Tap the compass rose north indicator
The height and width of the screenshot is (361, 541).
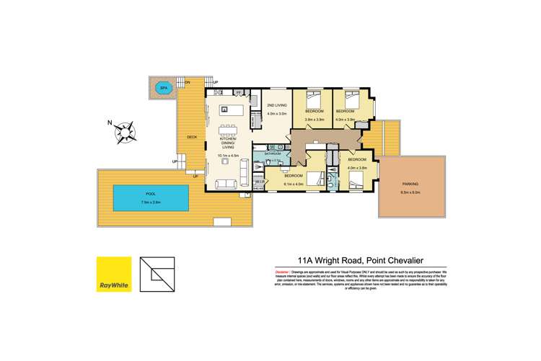pyautogui.click(x=127, y=131)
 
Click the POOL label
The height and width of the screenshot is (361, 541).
pyautogui.click(x=151, y=192)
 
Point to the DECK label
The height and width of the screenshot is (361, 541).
pyautogui.click(x=192, y=137)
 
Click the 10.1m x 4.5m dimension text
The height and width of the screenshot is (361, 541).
pyautogui.click(x=228, y=154)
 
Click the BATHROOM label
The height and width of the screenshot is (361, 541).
pyautogui.click(x=273, y=153)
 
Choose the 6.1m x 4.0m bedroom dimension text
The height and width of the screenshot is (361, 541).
pyautogui.click(x=294, y=184)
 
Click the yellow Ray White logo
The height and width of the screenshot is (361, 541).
pyautogui.click(x=114, y=275)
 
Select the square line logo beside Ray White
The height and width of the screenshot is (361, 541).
pyautogui.click(x=157, y=275)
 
